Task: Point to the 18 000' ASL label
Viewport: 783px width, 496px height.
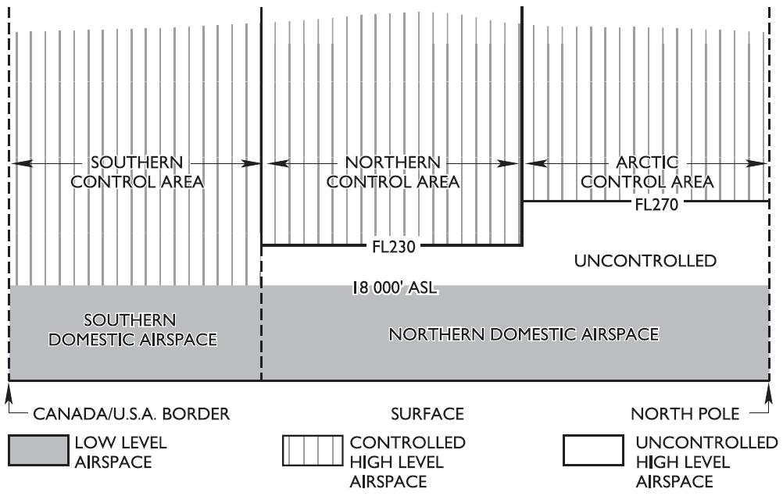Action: coord(394,288)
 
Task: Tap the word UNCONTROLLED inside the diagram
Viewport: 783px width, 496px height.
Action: coord(645,261)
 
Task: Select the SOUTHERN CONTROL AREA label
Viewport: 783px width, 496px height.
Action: coord(137,173)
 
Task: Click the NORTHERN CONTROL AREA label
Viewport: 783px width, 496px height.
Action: coord(393,173)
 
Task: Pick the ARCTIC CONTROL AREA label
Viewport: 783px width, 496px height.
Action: coord(647,173)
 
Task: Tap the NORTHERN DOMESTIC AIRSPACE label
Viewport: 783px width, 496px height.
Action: coord(524,334)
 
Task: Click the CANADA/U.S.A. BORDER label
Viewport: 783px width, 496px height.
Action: coord(131,414)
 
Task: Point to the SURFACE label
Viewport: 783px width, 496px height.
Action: coord(427,414)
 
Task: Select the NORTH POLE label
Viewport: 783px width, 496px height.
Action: coord(683,414)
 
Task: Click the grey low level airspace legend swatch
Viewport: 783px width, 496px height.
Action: coord(38,451)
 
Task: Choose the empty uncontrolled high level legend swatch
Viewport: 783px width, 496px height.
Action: coord(593,451)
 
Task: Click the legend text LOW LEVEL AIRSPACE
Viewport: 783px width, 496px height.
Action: coord(120,452)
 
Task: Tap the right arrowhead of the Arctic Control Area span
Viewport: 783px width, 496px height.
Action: coord(763,163)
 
